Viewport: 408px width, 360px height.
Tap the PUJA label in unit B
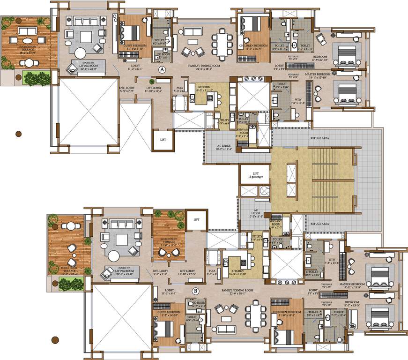212,271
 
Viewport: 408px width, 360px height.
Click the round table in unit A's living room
81,52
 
